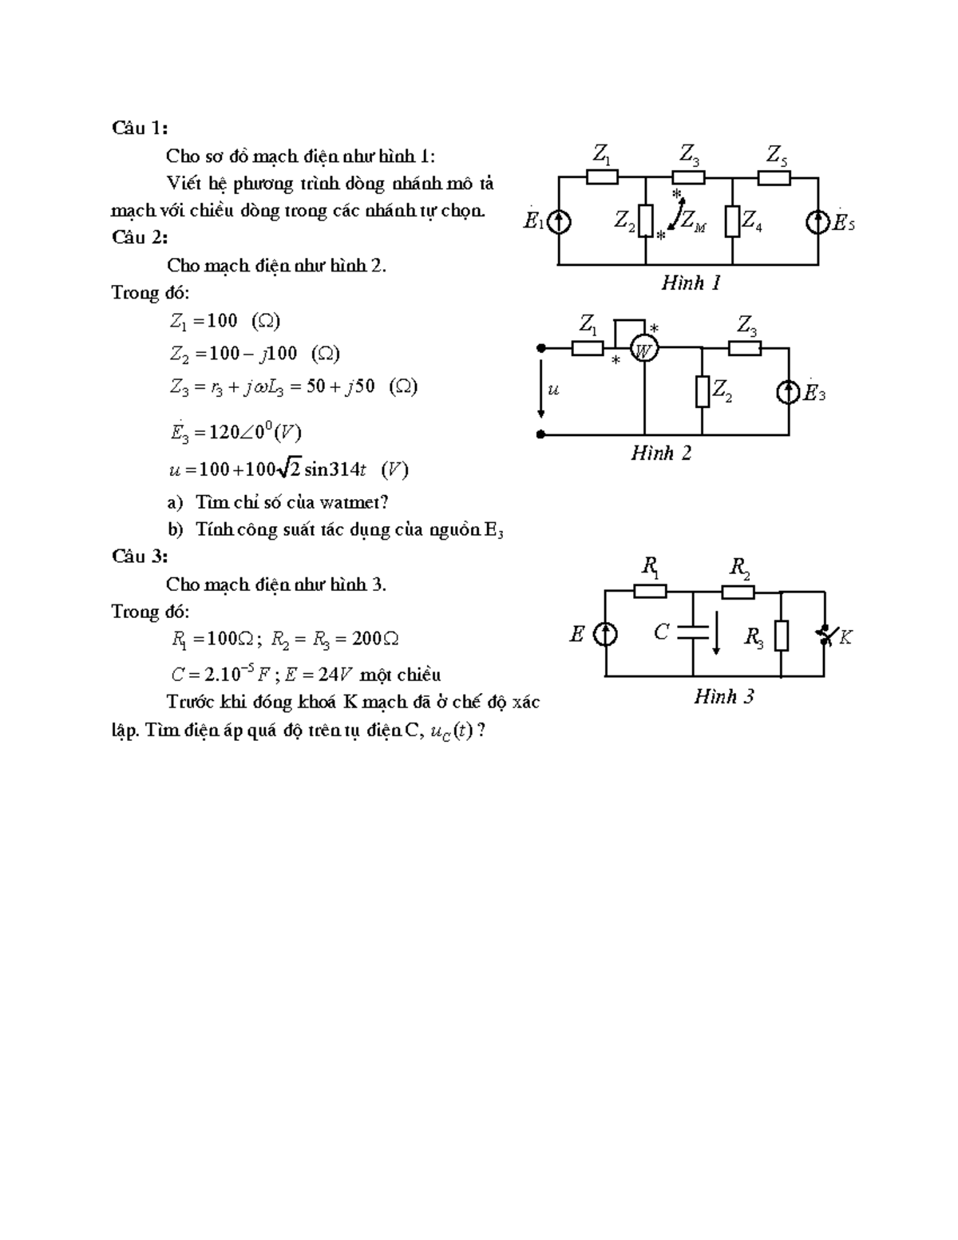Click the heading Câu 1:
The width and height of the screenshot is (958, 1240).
(140, 128)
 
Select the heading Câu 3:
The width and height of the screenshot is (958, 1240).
(140, 557)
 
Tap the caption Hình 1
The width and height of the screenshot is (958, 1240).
(691, 283)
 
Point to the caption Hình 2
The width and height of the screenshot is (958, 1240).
(661, 454)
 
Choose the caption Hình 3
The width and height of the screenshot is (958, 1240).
(723, 697)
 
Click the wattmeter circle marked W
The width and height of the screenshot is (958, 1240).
(643, 349)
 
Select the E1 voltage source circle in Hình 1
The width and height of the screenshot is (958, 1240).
(559, 221)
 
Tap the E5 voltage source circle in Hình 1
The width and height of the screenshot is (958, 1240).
(818, 221)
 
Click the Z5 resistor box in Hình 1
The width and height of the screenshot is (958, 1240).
(774, 177)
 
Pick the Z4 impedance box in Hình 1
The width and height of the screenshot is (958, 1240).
(732, 221)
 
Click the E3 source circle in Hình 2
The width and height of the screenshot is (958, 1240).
(789, 392)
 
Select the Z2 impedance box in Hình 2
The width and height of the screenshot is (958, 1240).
(702, 391)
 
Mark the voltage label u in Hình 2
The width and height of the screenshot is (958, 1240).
(554, 390)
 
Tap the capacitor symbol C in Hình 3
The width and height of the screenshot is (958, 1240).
(692, 633)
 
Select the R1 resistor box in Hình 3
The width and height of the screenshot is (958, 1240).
(650, 591)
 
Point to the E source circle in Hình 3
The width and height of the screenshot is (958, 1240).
(606, 635)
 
